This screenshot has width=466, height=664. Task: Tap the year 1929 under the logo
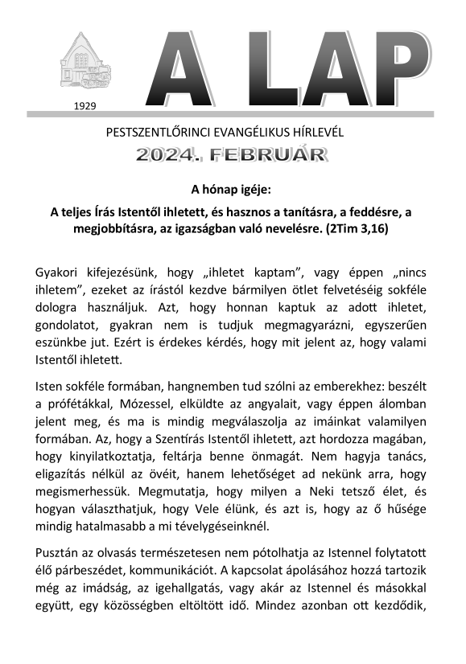coord(84,105)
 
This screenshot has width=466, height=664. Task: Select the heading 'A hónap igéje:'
coord(232,191)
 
